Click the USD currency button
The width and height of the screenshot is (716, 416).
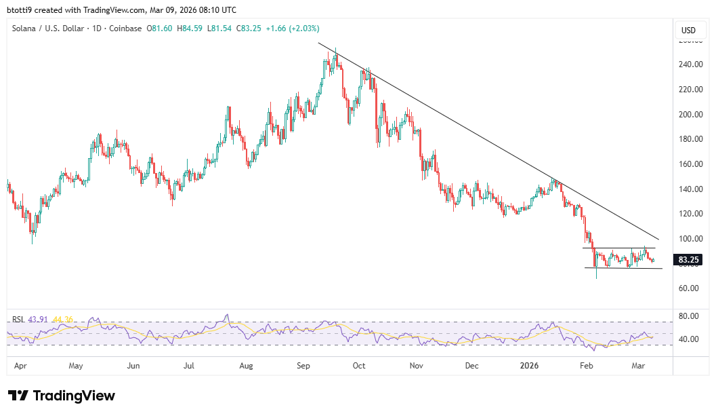coord(689,30)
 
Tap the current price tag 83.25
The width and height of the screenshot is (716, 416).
coord(689,259)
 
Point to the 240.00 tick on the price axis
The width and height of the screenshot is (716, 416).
coord(689,65)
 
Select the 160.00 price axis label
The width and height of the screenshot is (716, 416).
coord(689,164)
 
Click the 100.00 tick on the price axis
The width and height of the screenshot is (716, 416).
coord(689,239)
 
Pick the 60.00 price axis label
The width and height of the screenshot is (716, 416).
coord(689,288)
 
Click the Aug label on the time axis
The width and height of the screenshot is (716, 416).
coord(246,366)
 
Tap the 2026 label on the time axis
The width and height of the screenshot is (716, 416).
coord(529,366)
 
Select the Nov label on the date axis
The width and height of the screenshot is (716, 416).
coord(416,366)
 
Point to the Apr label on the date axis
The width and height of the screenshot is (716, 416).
coord(20,366)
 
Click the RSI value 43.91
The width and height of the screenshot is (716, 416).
coord(38,320)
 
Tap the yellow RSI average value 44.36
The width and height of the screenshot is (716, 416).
coord(64,320)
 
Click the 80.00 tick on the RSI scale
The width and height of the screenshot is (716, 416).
coord(689,316)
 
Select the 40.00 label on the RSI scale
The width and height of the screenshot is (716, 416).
coord(689,339)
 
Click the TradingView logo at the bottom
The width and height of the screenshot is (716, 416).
coord(62,396)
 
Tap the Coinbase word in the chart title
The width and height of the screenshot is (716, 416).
coord(125,29)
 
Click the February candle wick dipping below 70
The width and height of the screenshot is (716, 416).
coord(597,274)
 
